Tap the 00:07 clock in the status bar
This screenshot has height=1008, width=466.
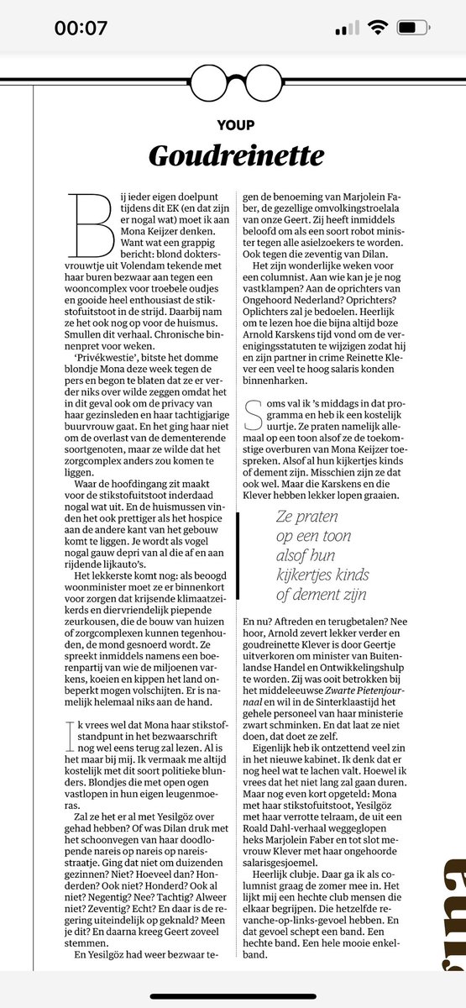coord(81,28)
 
